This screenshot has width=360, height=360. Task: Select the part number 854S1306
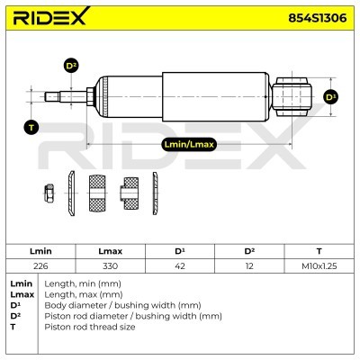pyautogui.click(x=318, y=18)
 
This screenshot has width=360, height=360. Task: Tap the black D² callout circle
pyautogui.click(x=71, y=66)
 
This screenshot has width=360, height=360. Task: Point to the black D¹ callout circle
pyautogui.click(x=331, y=97)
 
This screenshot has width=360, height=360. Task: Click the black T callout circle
pyautogui.click(x=31, y=128)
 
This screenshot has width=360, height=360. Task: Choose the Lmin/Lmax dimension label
pyautogui.click(x=189, y=144)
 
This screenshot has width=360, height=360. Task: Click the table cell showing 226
pyautogui.click(x=40, y=266)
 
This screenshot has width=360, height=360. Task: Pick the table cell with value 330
pyautogui.click(x=110, y=266)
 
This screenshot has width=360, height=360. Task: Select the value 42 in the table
pyautogui.click(x=180, y=266)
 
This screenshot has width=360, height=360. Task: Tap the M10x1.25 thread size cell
pyautogui.click(x=319, y=266)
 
